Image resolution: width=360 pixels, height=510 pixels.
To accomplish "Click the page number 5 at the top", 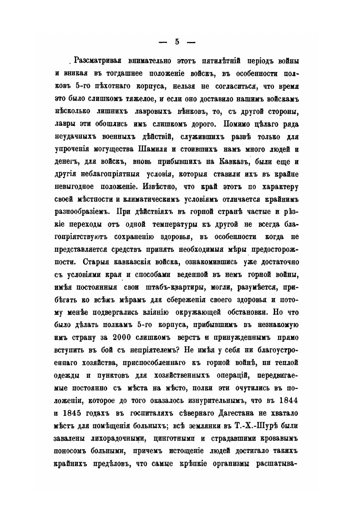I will coord(177,42).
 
